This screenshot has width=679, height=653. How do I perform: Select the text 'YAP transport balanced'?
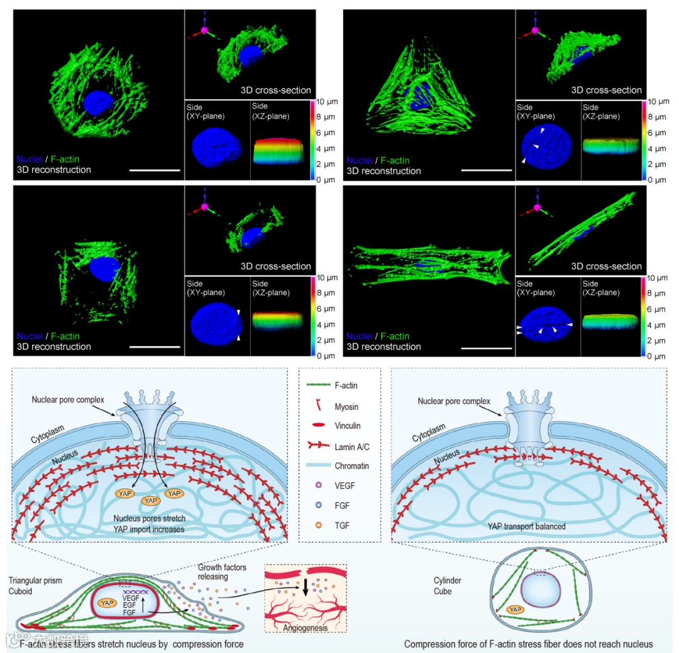point(527,526)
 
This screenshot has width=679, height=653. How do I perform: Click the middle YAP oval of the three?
point(150,501)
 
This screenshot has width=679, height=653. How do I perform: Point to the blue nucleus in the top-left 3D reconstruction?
point(97,102)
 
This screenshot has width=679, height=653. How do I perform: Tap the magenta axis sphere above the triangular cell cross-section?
point(536,30)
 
